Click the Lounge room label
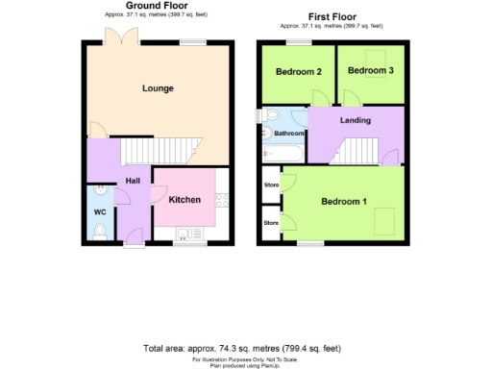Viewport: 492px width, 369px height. (158, 88)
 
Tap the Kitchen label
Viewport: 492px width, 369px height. (184, 200)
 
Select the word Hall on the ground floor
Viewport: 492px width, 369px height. (133, 181)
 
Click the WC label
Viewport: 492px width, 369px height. (99, 210)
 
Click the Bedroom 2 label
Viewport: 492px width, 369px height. (298, 72)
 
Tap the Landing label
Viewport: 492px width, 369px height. (356, 120)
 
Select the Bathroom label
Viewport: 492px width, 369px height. (289, 134)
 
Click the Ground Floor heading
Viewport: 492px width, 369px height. (155, 5)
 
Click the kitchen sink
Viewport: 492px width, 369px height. (184, 233)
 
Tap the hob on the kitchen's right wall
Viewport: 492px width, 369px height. (222, 202)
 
